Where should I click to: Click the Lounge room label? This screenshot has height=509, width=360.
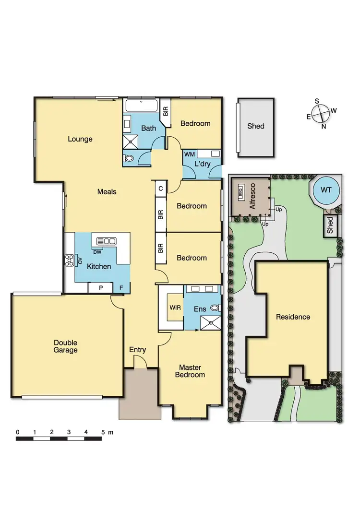pyautogui.click(x=80, y=139)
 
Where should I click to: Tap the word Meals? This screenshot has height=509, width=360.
pyautogui.click(x=107, y=191)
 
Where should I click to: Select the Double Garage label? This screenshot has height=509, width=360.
pyautogui.click(x=65, y=346)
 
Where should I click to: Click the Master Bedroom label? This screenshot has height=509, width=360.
pyautogui.click(x=190, y=371)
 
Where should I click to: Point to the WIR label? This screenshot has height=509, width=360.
pyautogui.click(x=175, y=308)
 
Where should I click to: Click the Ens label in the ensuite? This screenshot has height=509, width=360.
pyautogui.click(x=201, y=309)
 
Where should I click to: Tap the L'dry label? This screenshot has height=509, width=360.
pyautogui.click(x=202, y=164)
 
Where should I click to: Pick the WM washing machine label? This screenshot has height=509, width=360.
pyautogui.click(x=190, y=154)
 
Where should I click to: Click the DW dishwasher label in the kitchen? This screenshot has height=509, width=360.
pyautogui.click(x=97, y=252)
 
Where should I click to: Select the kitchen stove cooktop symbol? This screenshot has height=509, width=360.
pyautogui.click(x=69, y=260)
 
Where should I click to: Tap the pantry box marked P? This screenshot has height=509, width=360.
pyautogui.click(x=101, y=288)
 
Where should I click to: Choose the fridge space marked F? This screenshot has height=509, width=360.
pyautogui.click(x=121, y=288)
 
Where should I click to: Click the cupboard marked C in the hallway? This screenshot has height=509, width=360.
pyautogui.click(x=160, y=188)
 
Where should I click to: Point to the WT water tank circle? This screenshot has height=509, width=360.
pyautogui.click(x=326, y=190)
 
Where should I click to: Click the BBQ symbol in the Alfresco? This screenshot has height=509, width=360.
pyautogui.click(x=241, y=192)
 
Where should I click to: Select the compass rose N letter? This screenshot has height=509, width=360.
pyautogui.click(x=324, y=126)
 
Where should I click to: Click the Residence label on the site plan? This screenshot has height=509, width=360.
pyautogui.click(x=293, y=317)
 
